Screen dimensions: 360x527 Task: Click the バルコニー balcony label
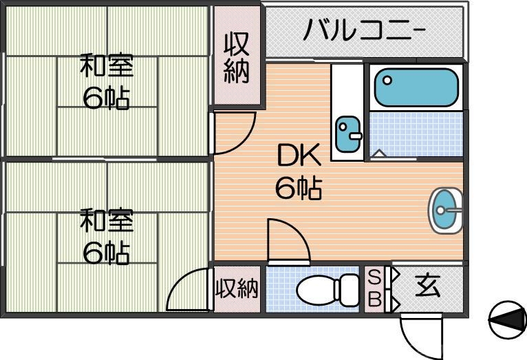[x=365, y=31]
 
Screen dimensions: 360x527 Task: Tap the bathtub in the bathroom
[x=416, y=87]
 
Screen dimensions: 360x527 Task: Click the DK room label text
[x=299, y=158]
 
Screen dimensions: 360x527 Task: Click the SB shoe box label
[x=374, y=288]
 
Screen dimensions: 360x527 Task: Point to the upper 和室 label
[x=106, y=67]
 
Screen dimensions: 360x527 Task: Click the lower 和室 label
[x=106, y=222]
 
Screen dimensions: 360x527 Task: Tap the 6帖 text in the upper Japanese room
[x=106, y=99]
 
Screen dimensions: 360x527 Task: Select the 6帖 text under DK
[x=299, y=187]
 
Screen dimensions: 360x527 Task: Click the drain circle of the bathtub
[x=387, y=80]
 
